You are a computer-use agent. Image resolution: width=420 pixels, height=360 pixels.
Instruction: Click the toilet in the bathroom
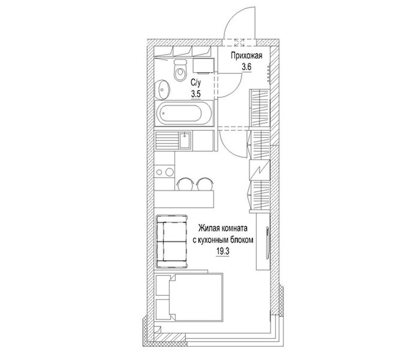coord(180,70)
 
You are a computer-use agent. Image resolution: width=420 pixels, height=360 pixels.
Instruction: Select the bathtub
coord(184,114)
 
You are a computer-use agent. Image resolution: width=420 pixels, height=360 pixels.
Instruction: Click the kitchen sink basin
coord(185,140)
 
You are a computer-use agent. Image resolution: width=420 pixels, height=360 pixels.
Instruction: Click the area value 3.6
coord(246,67)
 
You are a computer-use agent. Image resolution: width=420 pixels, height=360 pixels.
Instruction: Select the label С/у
coord(195,83)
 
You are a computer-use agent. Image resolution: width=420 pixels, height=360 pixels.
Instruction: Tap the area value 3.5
coord(196,94)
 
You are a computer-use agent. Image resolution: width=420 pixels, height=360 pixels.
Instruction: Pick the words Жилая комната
coord(223,229)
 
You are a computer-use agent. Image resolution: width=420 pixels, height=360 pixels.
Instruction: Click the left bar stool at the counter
coord(185,184)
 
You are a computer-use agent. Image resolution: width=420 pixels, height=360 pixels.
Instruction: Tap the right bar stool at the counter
coord(205,184)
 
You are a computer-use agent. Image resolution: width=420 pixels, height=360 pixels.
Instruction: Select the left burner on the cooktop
coord(159,172)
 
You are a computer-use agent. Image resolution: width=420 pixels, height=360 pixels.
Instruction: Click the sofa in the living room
coord(172,241)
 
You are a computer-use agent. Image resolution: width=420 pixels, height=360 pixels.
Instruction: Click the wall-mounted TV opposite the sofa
coord(267,243)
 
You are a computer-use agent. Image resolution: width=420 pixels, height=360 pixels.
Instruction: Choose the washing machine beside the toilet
coord(204,66)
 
